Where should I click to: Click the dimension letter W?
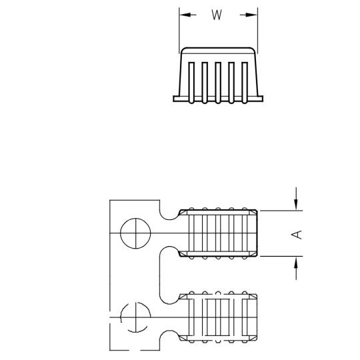click(x=217, y=15)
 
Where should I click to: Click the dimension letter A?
click(x=297, y=235)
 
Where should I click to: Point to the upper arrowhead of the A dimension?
click(x=296, y=205)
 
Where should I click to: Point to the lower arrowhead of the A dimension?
click(x=296, y=262)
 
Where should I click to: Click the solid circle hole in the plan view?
click(x=135, y=233)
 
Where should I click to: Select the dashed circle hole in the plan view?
click(x=135, y=317)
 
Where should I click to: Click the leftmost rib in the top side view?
click(x=191, y=83)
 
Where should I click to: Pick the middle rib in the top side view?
click(x=218, y=83)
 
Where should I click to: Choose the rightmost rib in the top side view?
click(x=245, y=83)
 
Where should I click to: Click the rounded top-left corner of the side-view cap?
click(x=183, y=49)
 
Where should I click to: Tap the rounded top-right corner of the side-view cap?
click(x=253, y=49)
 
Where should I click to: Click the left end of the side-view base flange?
click(x=174, y=99)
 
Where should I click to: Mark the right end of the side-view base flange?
click(x=262, y=99)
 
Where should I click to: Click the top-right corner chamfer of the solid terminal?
click(x=253, y=213)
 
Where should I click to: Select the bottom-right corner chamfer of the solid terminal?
click(x=253, y=254)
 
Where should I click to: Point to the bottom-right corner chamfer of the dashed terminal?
click(x=253, y=338)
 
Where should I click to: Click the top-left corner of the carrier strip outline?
click(x=110, y=201)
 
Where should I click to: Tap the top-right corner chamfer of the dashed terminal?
click(x=253, y=297)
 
